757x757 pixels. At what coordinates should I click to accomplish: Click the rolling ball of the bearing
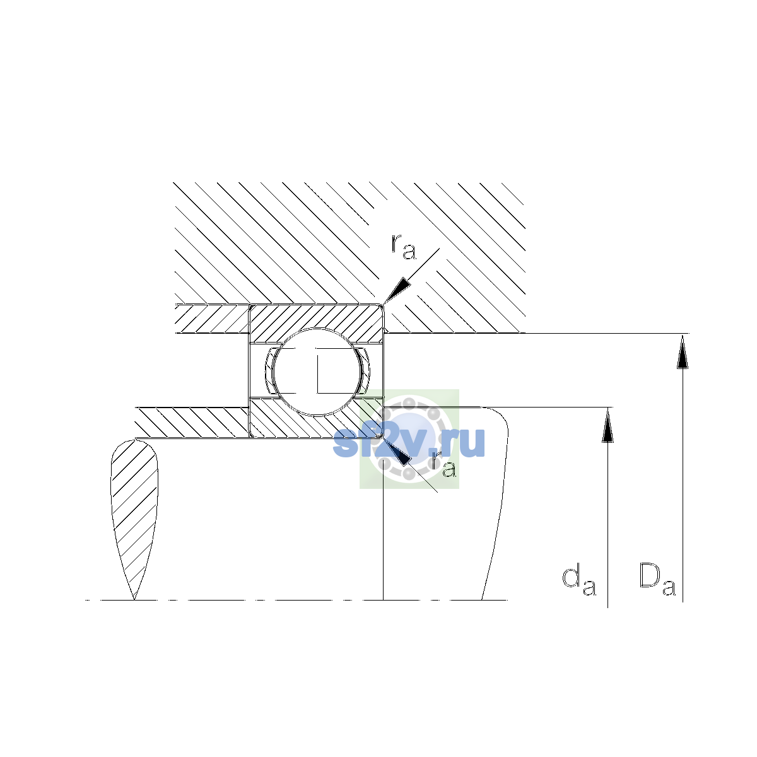point(317,372)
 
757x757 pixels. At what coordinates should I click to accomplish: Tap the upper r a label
point(403,247)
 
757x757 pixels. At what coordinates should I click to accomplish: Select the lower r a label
point(444,465)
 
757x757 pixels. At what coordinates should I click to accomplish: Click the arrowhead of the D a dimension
point(683,351)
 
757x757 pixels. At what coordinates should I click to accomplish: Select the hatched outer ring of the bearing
point(316,317)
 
